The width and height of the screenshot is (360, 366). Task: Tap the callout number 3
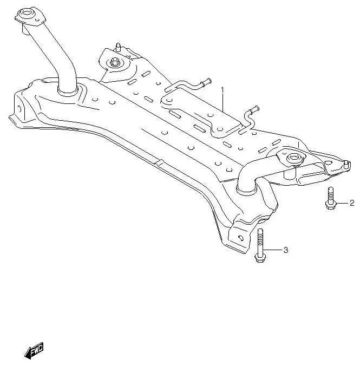click(285, 250)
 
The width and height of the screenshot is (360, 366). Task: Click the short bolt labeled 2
click(330, 199)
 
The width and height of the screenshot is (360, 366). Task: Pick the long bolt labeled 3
click(260, 246)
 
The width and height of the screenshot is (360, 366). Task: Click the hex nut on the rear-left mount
click(114, 63)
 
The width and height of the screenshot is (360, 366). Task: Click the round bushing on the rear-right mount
click(293, 158)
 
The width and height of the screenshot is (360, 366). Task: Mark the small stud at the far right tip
click(344, 162)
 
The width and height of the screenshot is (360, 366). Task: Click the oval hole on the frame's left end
click(20, 109)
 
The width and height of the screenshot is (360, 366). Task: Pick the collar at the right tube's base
click(247, 188)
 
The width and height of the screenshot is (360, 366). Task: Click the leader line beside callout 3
click(273, 250)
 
